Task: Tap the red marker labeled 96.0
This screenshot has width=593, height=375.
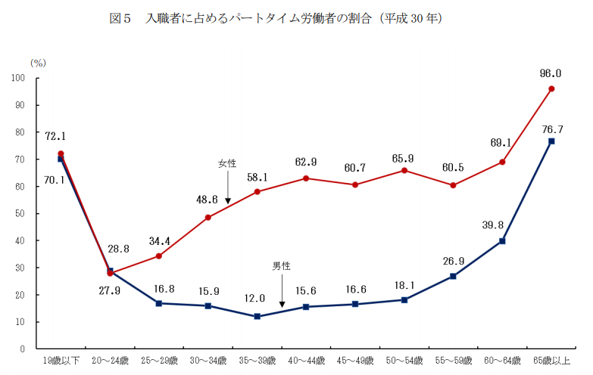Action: tap(551, 88)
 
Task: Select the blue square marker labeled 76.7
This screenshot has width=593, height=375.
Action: tap(551, 141)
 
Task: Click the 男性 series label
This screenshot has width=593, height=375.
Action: tap(282, 266)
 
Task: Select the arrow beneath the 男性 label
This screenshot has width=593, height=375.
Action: tap(282, 291)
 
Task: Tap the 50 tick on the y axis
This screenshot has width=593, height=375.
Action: tap(19, 214)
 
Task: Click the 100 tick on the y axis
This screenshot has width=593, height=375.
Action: tap(17, 78)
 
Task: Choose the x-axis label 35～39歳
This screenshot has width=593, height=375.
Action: tap(257, 361)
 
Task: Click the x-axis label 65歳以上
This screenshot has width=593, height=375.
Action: tap(551, 361)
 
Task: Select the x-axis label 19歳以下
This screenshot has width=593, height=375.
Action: tap(61, 361)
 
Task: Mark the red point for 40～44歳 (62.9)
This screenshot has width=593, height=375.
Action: tap(306, 178)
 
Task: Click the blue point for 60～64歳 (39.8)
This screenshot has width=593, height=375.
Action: tap(502, 241)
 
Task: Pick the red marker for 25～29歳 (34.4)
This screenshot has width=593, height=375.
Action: tap(159, 256)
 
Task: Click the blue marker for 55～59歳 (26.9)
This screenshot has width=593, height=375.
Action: tap(453, 276)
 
